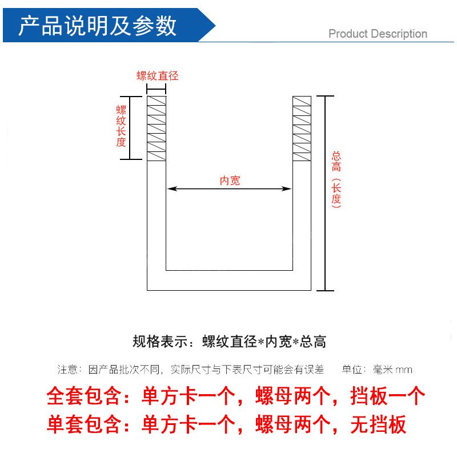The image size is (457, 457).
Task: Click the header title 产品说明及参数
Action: point(98,26)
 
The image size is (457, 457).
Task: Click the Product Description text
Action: point(378,34)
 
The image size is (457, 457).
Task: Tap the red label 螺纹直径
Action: point(157,76)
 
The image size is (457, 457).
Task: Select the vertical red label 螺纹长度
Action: point(121,126)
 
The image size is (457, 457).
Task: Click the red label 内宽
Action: point(230,181)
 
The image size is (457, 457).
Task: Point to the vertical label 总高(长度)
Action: point(336,179)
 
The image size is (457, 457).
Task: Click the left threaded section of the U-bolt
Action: point(157,128)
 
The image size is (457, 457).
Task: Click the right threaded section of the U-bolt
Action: point(302,128)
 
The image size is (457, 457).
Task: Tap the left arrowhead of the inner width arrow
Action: point(171,189)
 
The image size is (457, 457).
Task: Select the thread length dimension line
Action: point(130,128)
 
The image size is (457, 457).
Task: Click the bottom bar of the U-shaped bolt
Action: point(228,280)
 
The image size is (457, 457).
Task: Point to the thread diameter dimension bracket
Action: point(157,89)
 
